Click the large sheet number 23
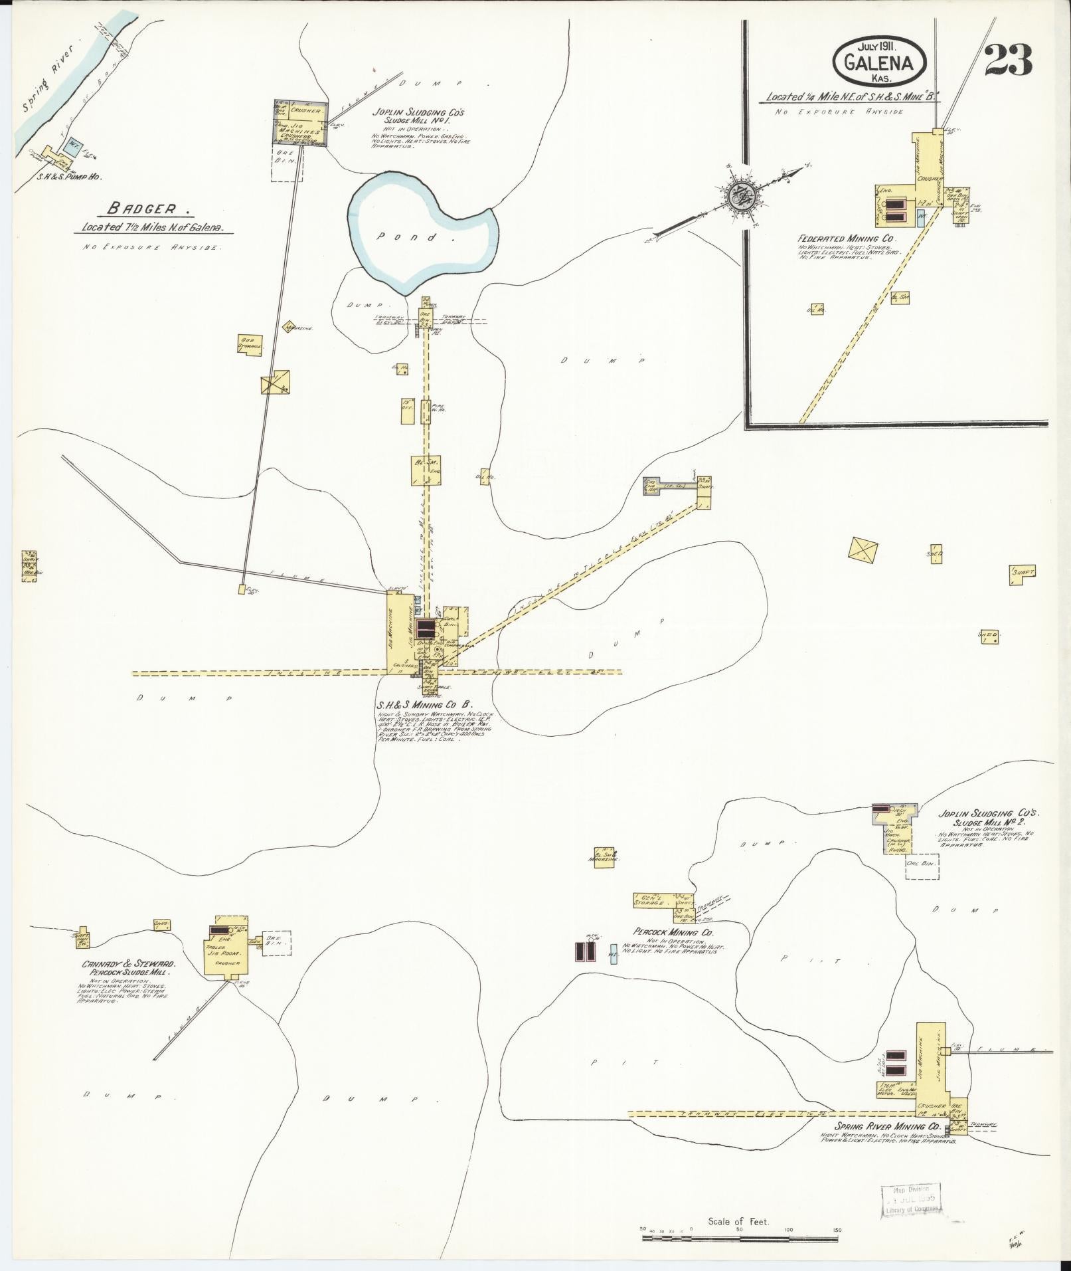1008,60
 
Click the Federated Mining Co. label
847,237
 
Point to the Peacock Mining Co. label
675,933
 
